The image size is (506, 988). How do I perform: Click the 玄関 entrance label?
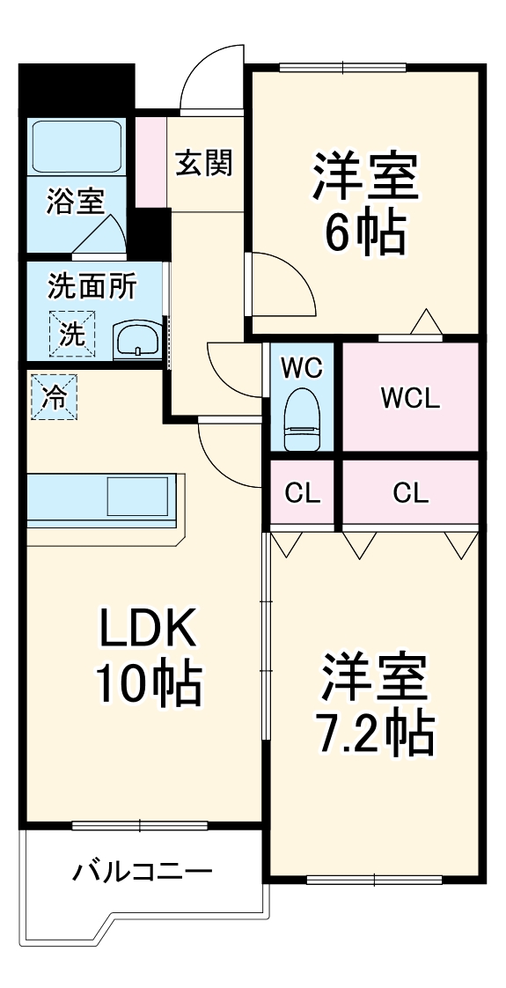click(204, 163)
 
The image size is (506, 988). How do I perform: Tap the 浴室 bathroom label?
click(75, 202)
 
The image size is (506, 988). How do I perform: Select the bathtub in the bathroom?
click(77, 146)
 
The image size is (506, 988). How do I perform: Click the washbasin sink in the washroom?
click(136, 338)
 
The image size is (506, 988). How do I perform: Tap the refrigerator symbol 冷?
click(54, 397)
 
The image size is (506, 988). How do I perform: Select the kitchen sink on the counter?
click(137, 497)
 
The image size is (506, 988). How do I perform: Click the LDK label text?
click(144, 630)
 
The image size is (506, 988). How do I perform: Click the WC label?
click(301, 366)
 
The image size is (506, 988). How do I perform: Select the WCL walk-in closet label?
click(409, 398)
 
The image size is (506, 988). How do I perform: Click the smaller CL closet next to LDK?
click(302, 493)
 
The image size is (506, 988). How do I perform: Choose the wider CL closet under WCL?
click(410, 493)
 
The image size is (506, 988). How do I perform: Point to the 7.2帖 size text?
click(375, 730)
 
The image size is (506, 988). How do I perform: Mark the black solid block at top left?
click(77, 89)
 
